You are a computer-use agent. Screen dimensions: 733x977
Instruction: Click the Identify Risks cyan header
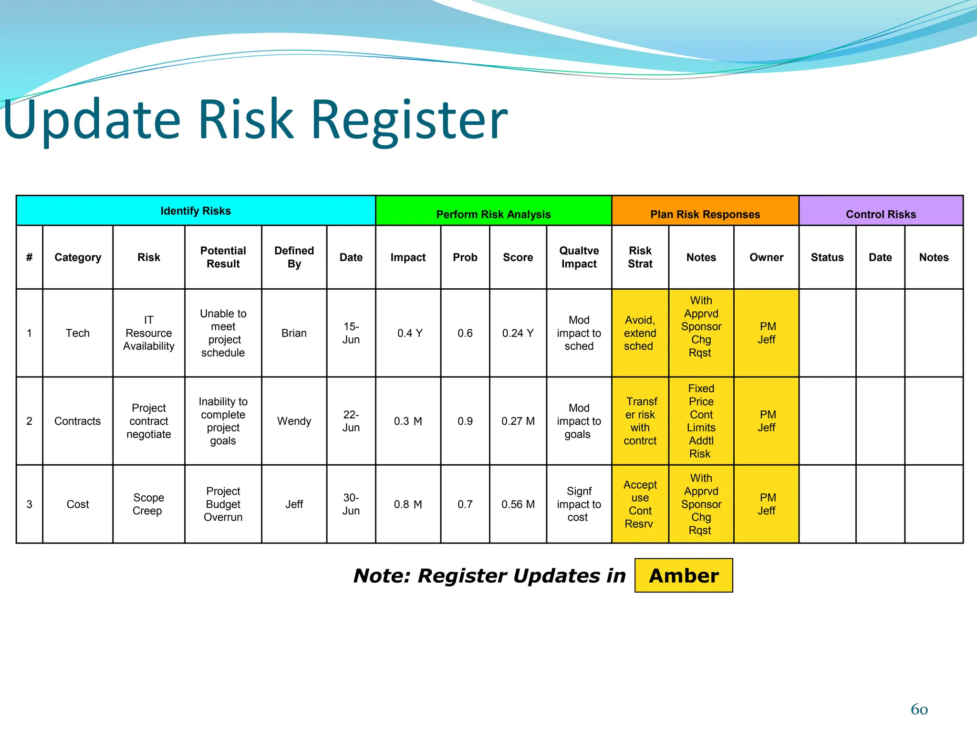196,210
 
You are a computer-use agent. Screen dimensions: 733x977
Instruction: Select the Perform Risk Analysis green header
493,214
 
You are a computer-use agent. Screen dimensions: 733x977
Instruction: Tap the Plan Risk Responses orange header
705,214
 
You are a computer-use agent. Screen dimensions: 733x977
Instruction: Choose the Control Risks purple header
881,214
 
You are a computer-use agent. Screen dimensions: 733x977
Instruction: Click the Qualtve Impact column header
579,257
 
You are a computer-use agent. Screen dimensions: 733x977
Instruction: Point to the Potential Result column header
223,257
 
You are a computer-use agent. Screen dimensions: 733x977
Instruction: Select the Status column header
827,257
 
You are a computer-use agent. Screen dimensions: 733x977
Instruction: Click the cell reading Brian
294,333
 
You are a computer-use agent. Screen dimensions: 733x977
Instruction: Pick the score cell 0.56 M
518,504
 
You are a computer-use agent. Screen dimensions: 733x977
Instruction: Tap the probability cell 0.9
465,421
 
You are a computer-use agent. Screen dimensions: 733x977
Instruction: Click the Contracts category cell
77,421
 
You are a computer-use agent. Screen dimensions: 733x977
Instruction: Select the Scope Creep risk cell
148,504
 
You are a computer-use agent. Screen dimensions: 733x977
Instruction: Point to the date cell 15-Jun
351,333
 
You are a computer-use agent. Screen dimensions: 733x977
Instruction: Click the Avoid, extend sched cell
640,333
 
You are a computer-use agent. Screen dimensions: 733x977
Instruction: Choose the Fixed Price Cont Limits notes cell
701,421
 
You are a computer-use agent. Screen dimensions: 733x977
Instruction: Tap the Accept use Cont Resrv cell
640,504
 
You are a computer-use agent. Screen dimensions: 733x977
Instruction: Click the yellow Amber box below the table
683,576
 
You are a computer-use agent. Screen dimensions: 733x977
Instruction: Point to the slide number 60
919,710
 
